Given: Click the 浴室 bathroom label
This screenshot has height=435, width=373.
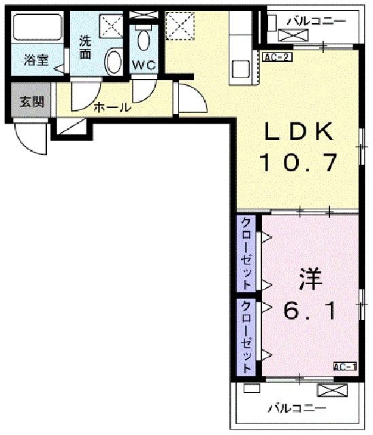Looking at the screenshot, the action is click(x=36, y=60).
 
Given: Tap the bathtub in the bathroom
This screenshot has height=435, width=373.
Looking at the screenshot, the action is click(x=37, y=27).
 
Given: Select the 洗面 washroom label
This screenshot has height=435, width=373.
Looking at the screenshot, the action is click(x=85, y=47).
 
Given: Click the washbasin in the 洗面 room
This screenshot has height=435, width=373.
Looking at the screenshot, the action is click(x=114, y=61).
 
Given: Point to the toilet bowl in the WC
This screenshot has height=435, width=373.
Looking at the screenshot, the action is click(x=144, y=40).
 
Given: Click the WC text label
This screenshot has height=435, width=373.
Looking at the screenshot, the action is click(x=144, y=65).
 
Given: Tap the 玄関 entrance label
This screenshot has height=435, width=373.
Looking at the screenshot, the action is click(x=32, y=102).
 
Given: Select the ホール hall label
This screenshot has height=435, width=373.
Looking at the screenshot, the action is click(x=112, y=107).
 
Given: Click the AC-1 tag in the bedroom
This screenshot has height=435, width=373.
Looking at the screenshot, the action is click(x=344, y=366).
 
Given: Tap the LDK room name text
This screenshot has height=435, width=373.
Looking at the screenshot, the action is click(x=299, y=131).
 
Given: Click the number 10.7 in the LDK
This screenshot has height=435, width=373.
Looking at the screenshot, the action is click(x=299, y=162).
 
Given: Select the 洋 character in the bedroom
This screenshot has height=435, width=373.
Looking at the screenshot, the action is click(x=310, y=279).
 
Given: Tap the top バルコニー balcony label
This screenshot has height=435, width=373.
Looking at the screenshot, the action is click(x=317, y=21).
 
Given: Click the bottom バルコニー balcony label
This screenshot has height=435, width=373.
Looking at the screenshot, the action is click(x=297, y=408).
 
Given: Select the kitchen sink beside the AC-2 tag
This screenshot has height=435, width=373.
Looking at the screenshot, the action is click(x=242, y=69).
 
